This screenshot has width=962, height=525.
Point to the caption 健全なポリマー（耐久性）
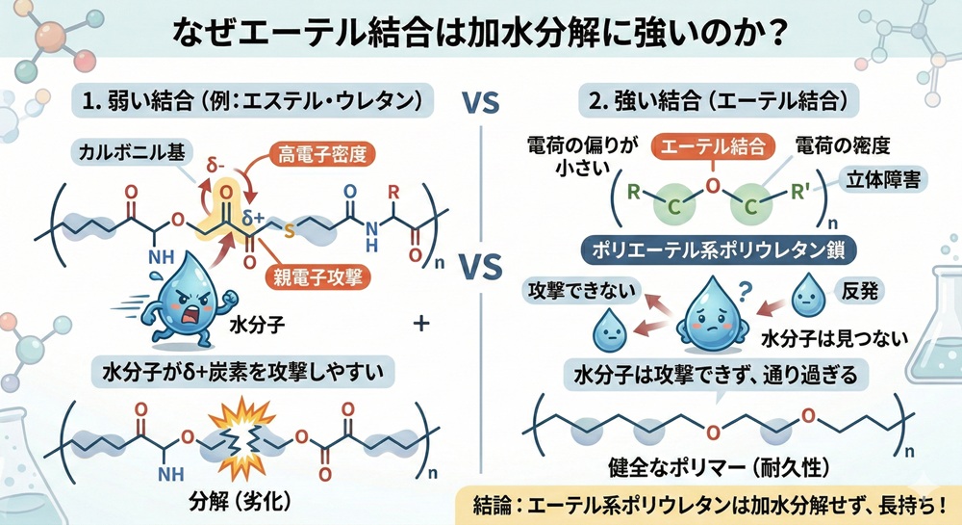click(x=707, y=469)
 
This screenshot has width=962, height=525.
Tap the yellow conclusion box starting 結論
click(x=707, y=505)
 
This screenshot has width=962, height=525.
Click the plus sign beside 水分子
click(x=419, y=326)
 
